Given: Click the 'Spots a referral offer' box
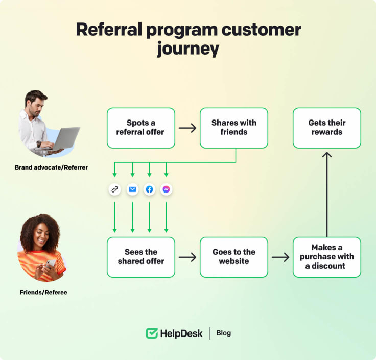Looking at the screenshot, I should [x=141, y=128].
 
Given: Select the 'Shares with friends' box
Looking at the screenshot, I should [x=233, y=128].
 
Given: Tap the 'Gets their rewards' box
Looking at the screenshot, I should [x=326, y=128].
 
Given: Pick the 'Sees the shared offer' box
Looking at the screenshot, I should [x=141, y=257].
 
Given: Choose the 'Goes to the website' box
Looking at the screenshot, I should [x=233, y=257].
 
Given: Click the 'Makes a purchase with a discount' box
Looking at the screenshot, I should [x=326, y=257].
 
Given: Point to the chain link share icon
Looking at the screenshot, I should [x=115, y=189].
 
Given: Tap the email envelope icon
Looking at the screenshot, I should [x=132, y=189].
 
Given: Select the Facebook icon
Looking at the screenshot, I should [x=149, y=189].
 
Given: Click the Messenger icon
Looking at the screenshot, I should [x=166, y=189].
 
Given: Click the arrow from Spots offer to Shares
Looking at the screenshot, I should [x=187, y=128].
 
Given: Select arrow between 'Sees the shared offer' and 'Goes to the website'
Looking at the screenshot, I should [x=187, y=257].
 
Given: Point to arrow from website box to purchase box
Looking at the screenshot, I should [x=280, y=257].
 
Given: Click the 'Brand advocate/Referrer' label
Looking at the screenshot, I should [x=51, y=167].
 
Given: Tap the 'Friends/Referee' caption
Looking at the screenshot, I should [x=43, y=293].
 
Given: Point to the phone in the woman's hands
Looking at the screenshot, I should [x=51, y=263].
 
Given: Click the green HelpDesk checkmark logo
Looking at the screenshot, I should [x=152, y=333].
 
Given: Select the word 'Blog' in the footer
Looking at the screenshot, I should [x=223, y=333].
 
